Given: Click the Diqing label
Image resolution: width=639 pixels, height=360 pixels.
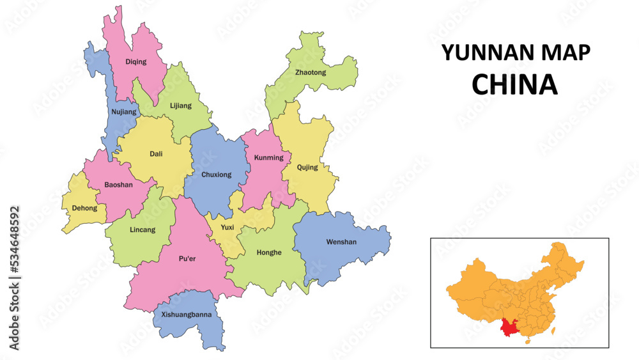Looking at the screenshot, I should click(x=135, y=62).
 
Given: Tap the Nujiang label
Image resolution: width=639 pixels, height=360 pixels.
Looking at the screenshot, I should click(x=124, y=112).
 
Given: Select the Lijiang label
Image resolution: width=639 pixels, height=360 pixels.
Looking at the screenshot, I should click(x=181, y=106).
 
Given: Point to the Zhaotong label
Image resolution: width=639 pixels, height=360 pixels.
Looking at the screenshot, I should click(x=311, y=72).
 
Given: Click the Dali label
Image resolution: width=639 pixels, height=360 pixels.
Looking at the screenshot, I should click(x=156, y=153).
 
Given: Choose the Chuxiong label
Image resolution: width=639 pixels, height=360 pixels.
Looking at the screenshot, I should click(x=216, y=175).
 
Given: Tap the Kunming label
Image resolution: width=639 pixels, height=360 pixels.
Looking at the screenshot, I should click(x=268, y=157).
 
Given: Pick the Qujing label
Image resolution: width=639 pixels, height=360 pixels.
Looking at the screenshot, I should click(x=307, y=168).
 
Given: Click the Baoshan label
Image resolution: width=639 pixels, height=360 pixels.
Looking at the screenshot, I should click(x=118, y=185).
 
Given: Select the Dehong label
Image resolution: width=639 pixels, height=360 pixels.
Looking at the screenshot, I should click(x=85, y=208).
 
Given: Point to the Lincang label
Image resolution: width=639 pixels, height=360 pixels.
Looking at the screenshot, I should click(x=142, y=230).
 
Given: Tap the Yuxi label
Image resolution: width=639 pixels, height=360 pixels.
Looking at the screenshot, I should click(x=227, y=227).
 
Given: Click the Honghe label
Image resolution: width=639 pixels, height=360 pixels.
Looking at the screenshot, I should click(x=269, y=253).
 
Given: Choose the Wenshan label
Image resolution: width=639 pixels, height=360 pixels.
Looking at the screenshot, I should click(x=341, y=242).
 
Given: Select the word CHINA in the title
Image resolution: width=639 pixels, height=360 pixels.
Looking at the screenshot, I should click(x=514, y=84).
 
